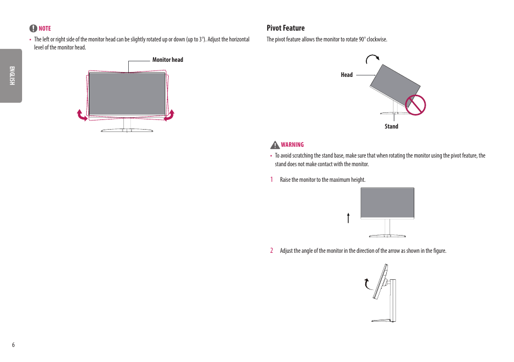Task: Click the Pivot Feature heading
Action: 286,28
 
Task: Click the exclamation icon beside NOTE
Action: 33,29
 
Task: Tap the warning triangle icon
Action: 275,145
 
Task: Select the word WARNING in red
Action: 292,145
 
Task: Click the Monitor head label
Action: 168,60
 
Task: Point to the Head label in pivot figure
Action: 346,75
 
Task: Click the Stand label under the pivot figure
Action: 391,126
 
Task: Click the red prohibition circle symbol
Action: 415,104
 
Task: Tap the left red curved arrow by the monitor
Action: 82,115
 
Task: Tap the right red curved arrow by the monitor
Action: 169,115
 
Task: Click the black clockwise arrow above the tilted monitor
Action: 372,58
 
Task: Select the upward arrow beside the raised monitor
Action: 349,217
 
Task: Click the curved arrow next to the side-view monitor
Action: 367,283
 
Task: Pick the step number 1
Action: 272,180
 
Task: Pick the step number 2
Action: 272,251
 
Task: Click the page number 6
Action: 13,345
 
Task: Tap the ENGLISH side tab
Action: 11,76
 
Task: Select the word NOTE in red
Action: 45,29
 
